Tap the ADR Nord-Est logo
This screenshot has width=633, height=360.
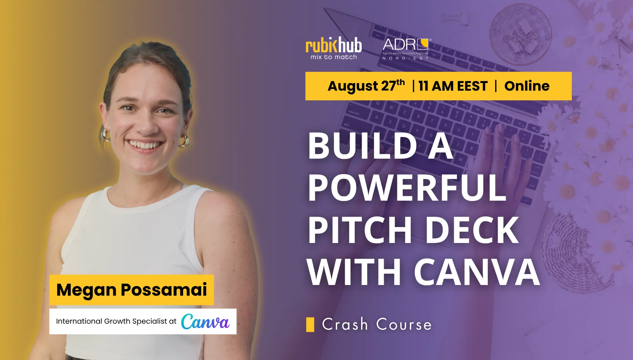(x=405, y=49)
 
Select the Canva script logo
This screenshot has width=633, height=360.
(x=205, y=321)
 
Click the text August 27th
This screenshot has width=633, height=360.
(x=366, y=86)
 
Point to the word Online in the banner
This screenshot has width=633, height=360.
(x=527, y=86)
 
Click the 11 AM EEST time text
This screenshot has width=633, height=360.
(x=453, y=86)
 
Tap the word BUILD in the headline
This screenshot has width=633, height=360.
(x=362, y=146)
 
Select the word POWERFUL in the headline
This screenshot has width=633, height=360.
(x=407, y=188)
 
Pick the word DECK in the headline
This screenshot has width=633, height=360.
(x=472, y=230)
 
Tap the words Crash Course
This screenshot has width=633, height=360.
(x=377, y=324)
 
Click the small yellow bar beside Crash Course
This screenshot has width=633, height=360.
(x=310, y=325)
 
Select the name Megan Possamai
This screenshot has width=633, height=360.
(x=132, y=289)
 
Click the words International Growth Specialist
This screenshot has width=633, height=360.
(x=111, y=321)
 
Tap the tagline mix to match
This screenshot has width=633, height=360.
(x=333, y=57)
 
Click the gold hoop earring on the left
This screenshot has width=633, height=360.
(x=106, y=134)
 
